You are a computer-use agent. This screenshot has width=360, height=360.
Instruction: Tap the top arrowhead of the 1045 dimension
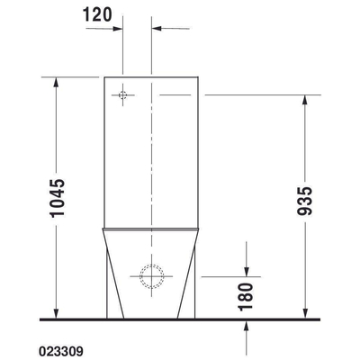[58, 81]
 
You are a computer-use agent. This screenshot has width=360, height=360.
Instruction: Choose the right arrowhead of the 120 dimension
[156, 28]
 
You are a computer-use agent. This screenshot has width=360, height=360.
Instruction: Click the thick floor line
[180, 319]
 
